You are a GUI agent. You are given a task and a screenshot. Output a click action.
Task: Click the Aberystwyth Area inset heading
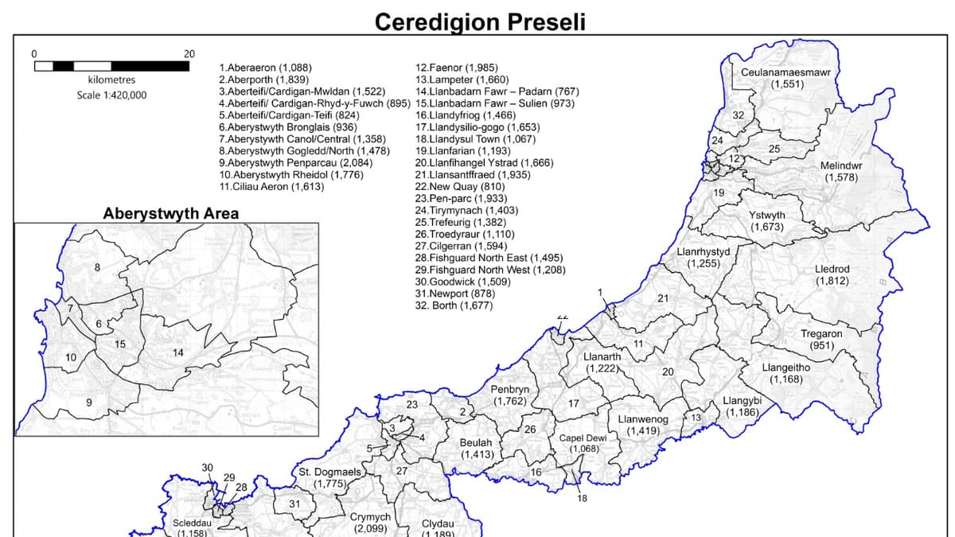tap(171, 214)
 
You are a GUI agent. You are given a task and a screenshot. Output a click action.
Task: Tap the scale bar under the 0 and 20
tap(111, 66)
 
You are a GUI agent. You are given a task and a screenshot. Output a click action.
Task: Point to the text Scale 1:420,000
tap(111, 95)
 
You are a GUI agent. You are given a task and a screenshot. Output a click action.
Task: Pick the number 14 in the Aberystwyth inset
tap(178, 352)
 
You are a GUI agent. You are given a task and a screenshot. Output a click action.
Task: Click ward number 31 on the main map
tap(294, 504)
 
